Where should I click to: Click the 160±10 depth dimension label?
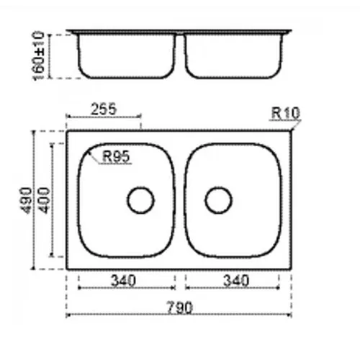[x=38, y=55]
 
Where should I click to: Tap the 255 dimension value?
[x=104, y=109]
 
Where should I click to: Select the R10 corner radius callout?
[x=286, y=113]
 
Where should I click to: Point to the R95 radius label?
[x=116, y=156]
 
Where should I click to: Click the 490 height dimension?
[x=26, y=200]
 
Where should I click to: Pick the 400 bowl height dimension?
[x=45, y=200]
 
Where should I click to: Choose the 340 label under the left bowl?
[x=123, y=281]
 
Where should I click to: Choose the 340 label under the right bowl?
[x=236, y=281]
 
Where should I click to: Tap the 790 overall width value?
[x=180, y=307]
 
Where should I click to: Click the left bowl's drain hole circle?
[x=140, y=187]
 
